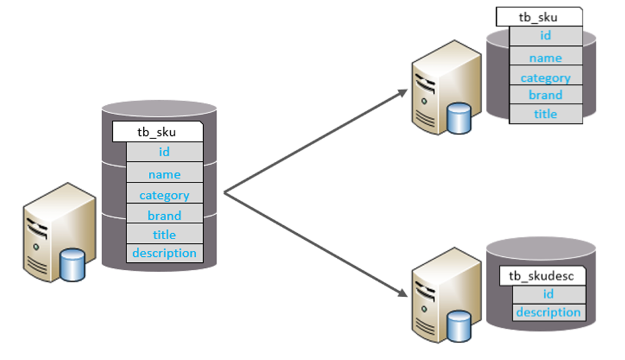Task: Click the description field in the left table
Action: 164,253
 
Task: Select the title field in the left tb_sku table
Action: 164,234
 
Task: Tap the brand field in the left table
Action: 164,215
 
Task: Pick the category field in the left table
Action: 164,195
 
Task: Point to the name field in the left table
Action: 164,175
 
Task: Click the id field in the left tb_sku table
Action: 164,152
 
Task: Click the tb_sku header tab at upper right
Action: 537,17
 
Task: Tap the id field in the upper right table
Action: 545,35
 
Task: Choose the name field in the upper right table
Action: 545,58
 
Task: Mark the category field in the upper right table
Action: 545,77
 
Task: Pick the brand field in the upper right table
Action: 545,95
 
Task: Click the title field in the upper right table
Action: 545,114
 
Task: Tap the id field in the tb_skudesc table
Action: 548,294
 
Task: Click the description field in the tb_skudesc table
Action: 548,312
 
